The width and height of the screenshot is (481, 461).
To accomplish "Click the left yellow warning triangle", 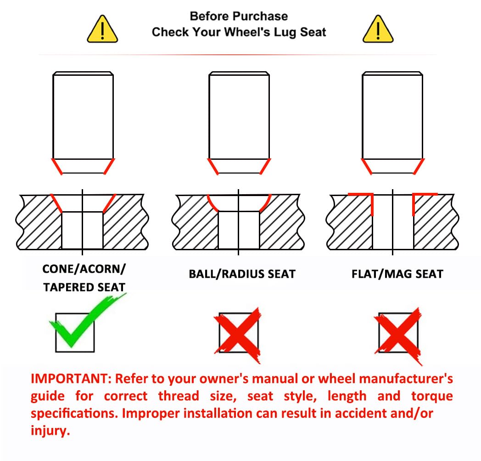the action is pyautogui.click(x=102, y=30).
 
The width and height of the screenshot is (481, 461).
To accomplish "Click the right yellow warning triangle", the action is pyautogui.click(x=378, y=30).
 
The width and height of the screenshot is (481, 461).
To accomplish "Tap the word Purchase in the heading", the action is pyautogui.click(x=263, y=16).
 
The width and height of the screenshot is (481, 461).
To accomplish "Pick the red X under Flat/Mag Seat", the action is pyautogui.click(x=398, y=336).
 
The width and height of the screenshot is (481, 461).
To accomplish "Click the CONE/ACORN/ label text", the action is pyautogui.click(x=84, y=269).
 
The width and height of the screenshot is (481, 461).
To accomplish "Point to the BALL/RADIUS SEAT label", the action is pyautogui.click(x=242, y=274).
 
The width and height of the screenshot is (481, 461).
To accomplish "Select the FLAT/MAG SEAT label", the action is pyautogui.click(x=397, y=274).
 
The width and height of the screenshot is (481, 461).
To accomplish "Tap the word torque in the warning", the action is pyautogui.click(x=432, y=396).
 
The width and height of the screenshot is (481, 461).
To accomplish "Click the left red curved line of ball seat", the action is pyautogui.click(x=212, y=204).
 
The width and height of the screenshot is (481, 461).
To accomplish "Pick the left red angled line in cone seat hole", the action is pyautogui.click(x=56, y=203).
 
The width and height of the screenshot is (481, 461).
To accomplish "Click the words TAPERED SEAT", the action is pyautogui.click(x=84, y=287).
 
